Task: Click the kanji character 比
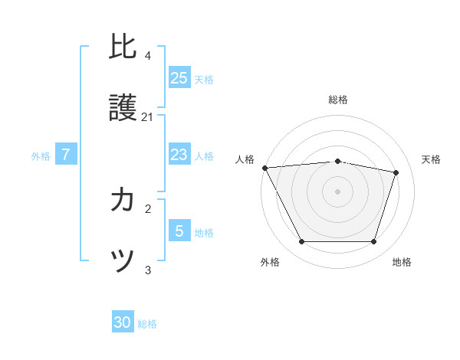click(x=123, y=46)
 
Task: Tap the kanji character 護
click(x=123, y=109)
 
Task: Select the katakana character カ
click(x=123, y=201)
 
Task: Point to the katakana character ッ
click(x=123, y=262)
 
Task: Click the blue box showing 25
click(x=179, y=77)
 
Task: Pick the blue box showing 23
click(x=179, y=155)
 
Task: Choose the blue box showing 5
click(x=179, y=231)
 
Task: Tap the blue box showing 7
click(x=66, y=155)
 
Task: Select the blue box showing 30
click(x=123, y=322)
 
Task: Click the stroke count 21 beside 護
click(x=148, y=117)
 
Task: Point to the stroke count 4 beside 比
click(x=148, y=55)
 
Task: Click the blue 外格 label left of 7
click(x=41, y=155)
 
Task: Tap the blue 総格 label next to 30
click(x=147, y=324)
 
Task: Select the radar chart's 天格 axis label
click(x=432, y=159)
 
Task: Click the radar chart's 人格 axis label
click(x=245, y=159)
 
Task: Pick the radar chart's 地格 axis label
click(x=402, y=262)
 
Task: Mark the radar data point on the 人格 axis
click(x=264, y=168)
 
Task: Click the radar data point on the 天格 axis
click(x=396, y=172)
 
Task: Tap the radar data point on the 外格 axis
click(x=301, y=242)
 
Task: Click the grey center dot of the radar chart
click(x=338, y=191)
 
